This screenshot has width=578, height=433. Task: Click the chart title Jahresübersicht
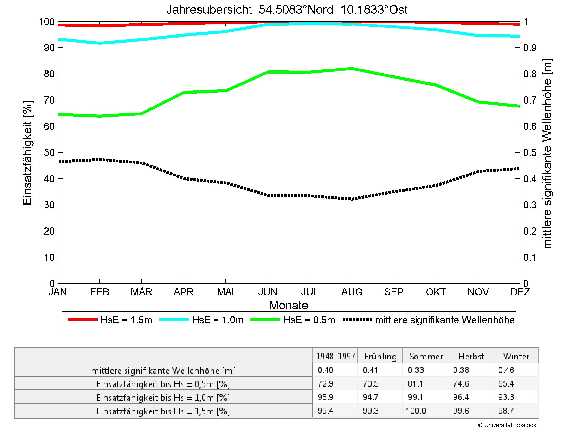[287, 10]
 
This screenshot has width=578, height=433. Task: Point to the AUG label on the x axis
[352, 292]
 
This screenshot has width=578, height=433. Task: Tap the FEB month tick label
[100, 292]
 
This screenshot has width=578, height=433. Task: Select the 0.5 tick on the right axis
[530, 153]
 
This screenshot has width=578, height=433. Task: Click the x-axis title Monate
[289, 305]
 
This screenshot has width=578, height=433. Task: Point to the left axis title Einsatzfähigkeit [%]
[27, 153]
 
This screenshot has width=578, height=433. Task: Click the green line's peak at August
[352, 69]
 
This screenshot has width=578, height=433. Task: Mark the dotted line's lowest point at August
[352, 199]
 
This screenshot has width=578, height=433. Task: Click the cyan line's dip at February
[100, 43]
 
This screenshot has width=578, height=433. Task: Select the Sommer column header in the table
[426, 356]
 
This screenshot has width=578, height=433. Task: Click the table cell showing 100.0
[416, 411]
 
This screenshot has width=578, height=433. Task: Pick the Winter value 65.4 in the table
[506, 384]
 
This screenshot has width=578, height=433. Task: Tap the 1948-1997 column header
[335, 356]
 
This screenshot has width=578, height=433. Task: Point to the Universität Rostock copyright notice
[507, 425]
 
